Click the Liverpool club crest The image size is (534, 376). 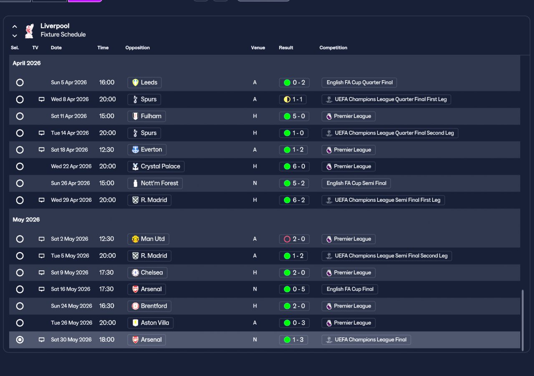coord(30,31)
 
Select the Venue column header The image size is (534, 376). coord(258,48)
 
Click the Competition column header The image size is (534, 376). coord(333,48)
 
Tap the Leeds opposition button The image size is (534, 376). coord(144,83)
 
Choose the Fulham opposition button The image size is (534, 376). coord(146,116)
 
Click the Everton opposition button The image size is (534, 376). coord(147,150)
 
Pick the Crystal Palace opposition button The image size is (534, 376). coord(156,166)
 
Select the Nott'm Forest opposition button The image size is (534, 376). coord(155,183)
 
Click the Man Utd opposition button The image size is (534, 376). coord(148,239)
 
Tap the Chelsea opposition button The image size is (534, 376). coord(147,273)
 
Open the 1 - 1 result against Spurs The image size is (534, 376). coord(293,99)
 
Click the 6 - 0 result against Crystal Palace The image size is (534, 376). coord(294,166)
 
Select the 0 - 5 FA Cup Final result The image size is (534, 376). coord(294,289)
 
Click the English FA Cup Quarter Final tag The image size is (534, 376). coord(359,83)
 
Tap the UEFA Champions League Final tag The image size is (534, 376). coord(366,340)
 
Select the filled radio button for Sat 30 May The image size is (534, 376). coord(20,340)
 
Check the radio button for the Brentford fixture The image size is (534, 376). coord(20,306)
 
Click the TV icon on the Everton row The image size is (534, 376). coord(41,150)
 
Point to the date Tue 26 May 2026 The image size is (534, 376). coord(71,323)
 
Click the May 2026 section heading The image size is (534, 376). coord(26,220)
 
